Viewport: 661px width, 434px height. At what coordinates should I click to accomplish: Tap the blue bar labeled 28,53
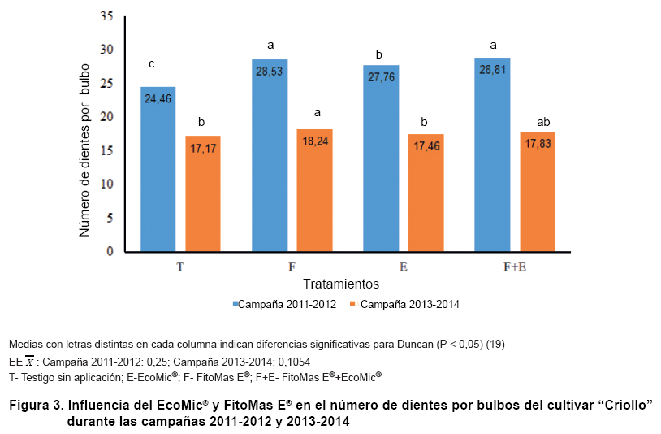[x=269, y=155]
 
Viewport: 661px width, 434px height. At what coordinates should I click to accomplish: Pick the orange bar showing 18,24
[x=314, y=190]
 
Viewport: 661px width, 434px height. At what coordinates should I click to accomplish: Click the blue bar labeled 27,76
[x=380, y=158]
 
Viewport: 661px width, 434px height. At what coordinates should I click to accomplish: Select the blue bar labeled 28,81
[x=491, y=154]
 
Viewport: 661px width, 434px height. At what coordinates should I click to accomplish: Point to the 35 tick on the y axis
[x=106, y=16]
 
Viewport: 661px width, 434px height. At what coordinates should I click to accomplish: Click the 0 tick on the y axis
[x=109, y=252]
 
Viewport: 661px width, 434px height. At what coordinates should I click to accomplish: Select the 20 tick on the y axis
[x=106, y=117]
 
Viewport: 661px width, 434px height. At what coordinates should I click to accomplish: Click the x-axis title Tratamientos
[x=341, y=284]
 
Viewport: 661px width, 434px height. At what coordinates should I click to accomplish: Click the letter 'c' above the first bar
[x=151, y=63]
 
